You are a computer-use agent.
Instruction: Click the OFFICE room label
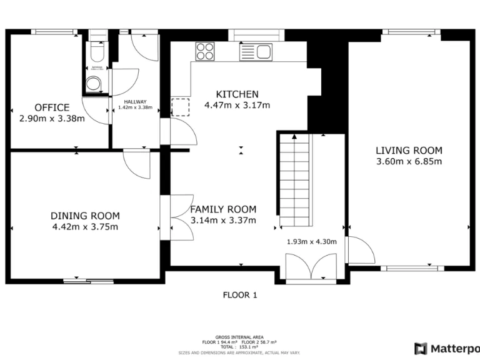tap(52, 107)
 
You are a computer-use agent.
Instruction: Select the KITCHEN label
tap(237, 94)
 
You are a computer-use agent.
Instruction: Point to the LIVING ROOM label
tap(409, 150)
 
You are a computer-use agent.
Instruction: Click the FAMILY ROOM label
tap(223, 209)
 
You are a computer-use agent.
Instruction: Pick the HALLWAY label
tap(135, 102)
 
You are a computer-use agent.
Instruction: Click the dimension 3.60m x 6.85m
tap(409, 162)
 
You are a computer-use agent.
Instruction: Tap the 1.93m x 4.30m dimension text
tap(311, 242)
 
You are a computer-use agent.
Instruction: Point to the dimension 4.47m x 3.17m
tap(237, 106)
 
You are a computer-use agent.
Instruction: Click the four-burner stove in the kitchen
tap(204, 51)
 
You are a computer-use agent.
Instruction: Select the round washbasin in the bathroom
tap(94, 82)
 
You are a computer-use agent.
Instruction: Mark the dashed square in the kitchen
tap(180, 107)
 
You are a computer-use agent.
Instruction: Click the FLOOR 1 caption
tap(240, 295)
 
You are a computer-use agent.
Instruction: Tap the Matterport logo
tap(446, 348)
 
